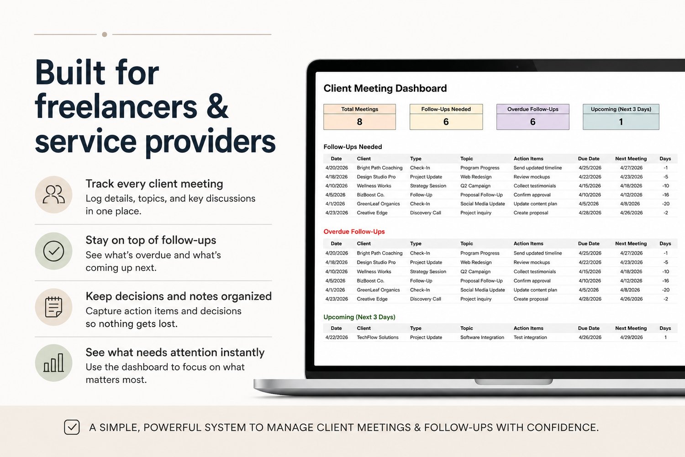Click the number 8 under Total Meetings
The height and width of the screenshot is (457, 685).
360,122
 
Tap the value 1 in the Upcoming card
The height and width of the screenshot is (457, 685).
621,122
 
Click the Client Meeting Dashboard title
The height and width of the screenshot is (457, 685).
385,88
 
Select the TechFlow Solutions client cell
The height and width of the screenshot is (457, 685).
377,337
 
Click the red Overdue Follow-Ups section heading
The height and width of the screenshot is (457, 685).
354,232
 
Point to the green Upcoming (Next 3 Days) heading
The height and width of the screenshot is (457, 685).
359,317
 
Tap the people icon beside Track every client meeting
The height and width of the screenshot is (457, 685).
53,194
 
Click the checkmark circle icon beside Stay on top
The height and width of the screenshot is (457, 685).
53,251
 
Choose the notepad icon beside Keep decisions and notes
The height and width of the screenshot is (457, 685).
53,307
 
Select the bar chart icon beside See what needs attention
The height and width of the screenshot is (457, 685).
53,363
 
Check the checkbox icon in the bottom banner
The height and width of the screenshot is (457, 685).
72,427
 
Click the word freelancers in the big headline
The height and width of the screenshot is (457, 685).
116,107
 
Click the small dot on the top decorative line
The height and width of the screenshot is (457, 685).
105,34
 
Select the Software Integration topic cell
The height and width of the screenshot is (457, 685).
482,337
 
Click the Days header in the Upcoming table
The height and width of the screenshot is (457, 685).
665,328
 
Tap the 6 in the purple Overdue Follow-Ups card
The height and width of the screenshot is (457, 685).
533,122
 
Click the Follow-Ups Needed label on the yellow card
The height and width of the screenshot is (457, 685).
446,109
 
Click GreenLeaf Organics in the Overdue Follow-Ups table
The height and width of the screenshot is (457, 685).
378,290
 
